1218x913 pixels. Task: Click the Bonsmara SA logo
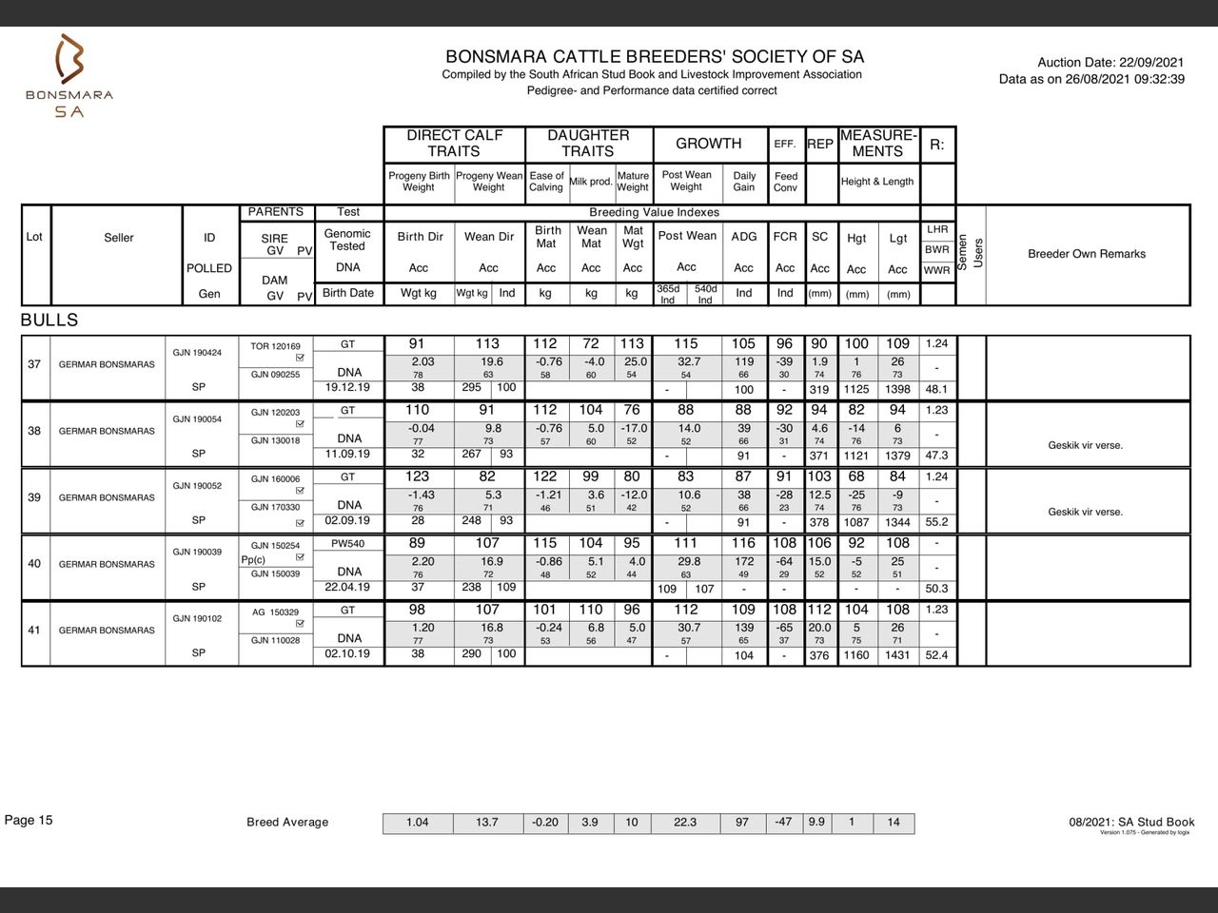coord(69,76)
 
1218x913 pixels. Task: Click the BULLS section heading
coord(49,321)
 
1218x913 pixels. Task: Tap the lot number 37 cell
coord(34,364)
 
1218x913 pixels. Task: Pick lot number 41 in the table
coord(34,631)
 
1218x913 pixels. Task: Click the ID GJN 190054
coord(197,419)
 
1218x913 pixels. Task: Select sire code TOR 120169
coord(275,346)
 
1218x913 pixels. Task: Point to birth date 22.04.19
coord(347,587)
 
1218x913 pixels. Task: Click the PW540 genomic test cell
coord(347,544)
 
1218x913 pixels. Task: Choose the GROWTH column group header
coord(708,144)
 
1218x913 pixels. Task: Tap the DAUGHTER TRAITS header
coord(588,144)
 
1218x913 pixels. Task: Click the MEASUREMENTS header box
coord(877,144)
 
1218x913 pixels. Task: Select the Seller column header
coord(119,238)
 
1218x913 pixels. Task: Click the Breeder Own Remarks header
coord(1087,254)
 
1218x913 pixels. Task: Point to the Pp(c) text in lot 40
coord(253,560)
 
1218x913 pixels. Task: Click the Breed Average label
coord(287,823)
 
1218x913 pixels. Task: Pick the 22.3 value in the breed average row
coord(685,823)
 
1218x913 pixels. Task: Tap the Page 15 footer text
coord(29,820)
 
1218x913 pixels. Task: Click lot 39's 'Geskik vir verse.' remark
coord(1085,512)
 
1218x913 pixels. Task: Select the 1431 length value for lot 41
coord(897,655)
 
